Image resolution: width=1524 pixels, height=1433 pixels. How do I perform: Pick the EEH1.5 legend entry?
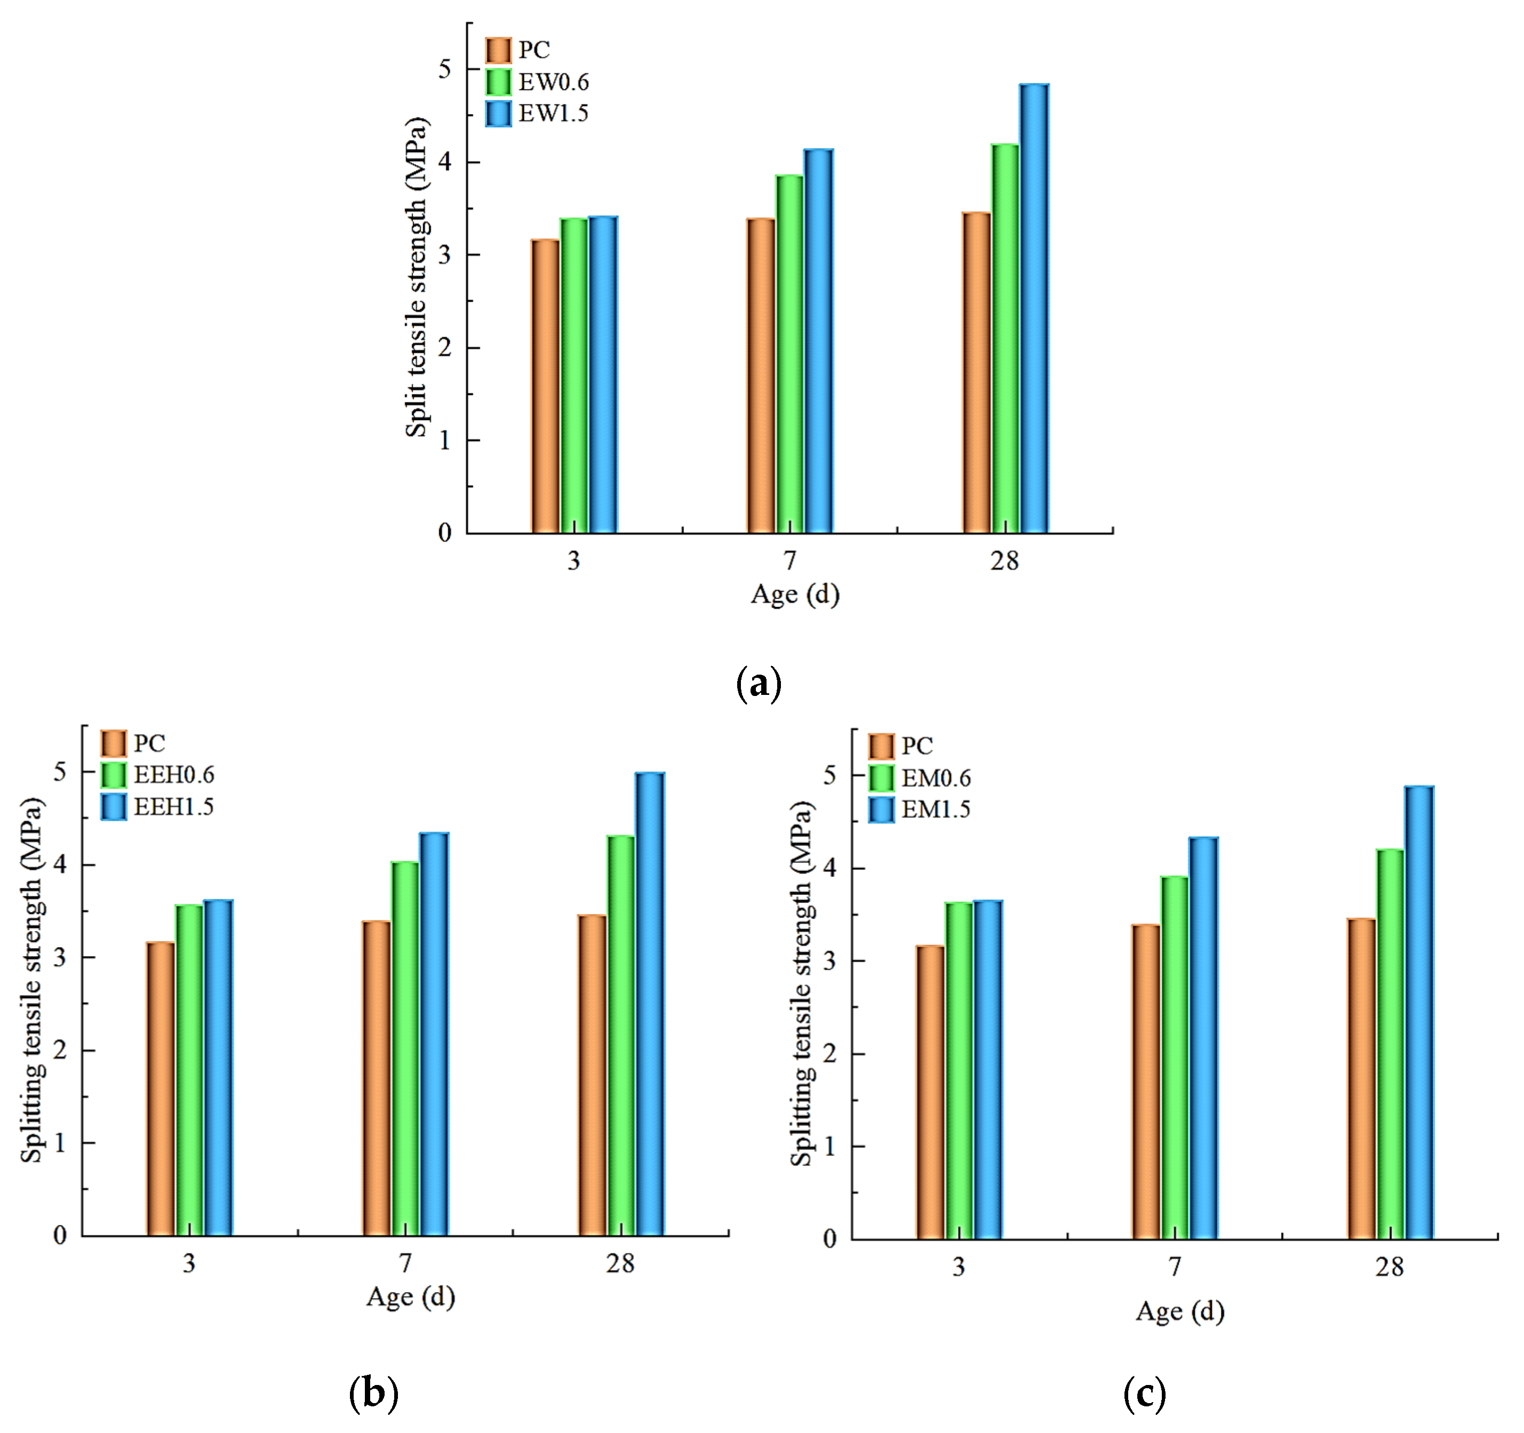(x=157, y=807)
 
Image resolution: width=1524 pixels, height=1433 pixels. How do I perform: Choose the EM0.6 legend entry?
(x=920, y=778)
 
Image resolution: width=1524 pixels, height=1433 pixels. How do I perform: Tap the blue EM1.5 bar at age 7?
(x=1203, y=1039)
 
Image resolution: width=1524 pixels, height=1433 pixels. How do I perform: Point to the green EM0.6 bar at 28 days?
(x=1390, y=1045)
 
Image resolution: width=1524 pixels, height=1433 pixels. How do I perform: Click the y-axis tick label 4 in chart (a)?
(x=445, y=163)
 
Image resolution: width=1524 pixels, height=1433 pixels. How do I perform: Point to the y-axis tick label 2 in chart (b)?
(x=60, y=1050)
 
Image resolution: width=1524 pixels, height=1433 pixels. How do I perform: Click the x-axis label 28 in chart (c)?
(x=1389, y=1268)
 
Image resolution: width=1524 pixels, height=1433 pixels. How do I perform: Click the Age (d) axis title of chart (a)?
(x=795, y=594)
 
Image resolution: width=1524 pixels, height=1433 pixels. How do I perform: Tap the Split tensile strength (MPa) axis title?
(x=416, y=277)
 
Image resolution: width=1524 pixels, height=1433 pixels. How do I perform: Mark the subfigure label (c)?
(x=1144, y=1393)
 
